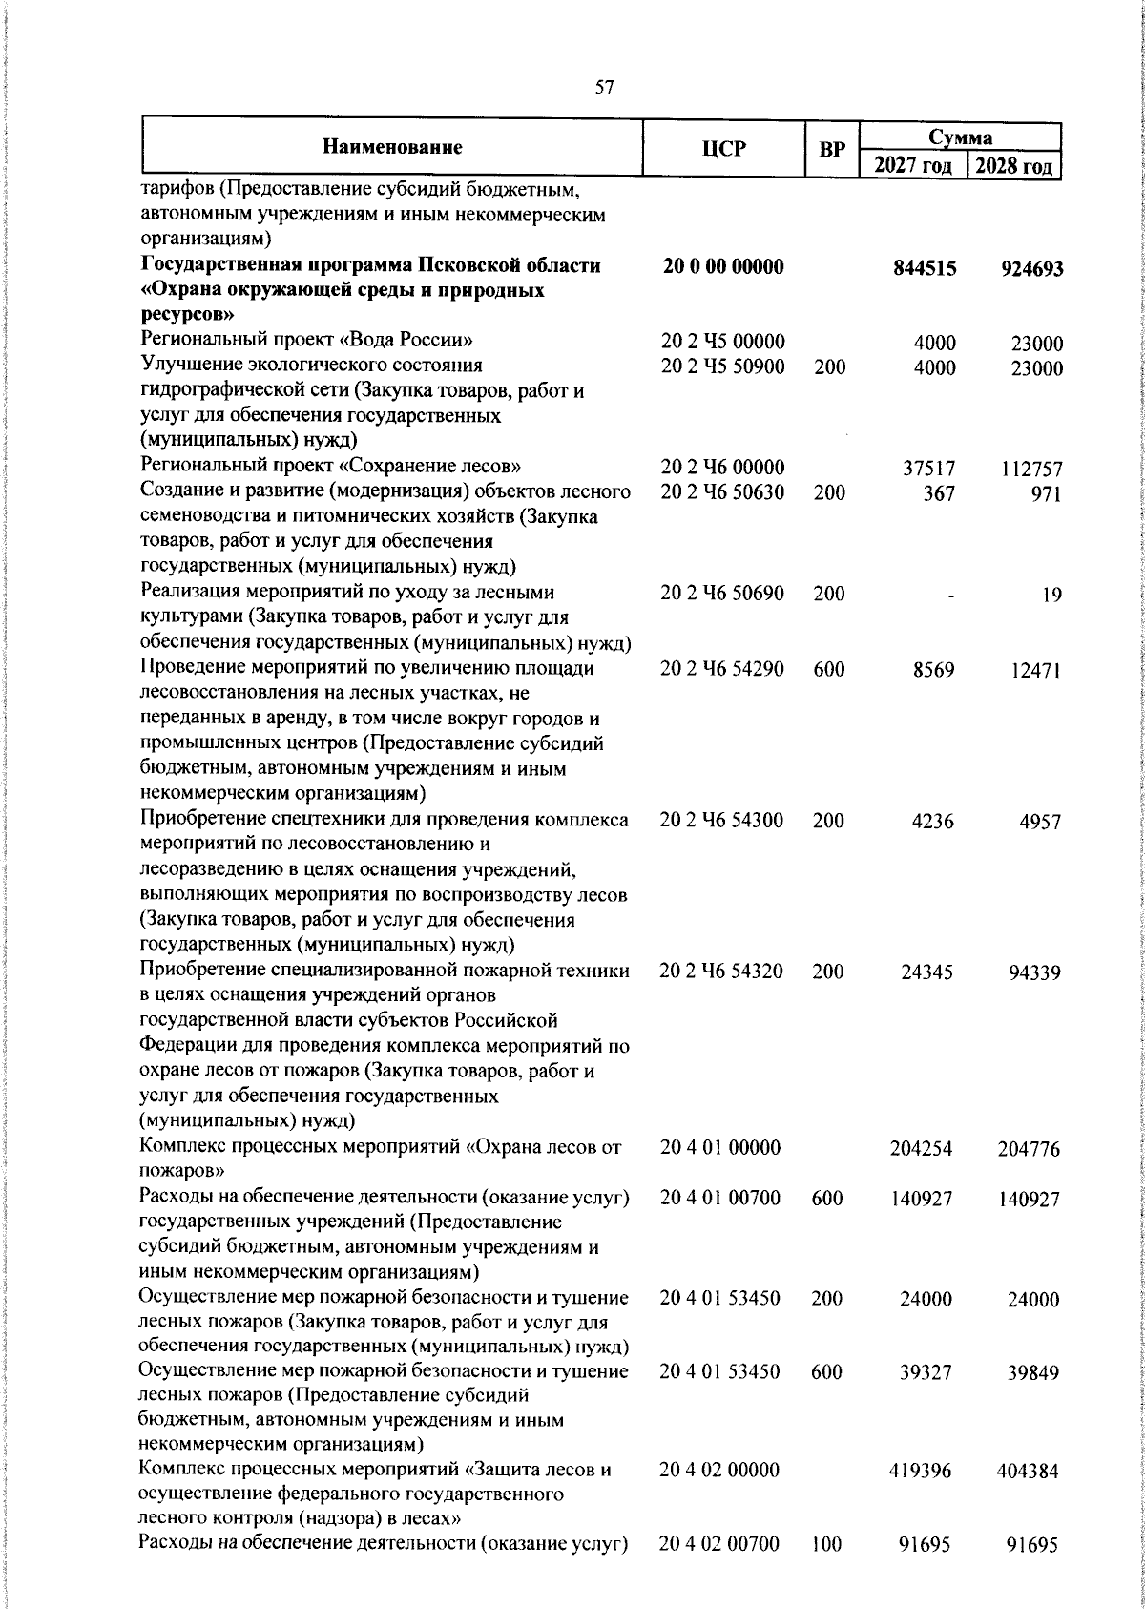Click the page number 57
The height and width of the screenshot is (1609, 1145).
click(x=604, y=88)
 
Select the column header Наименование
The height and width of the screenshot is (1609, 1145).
click(x=392, y=147)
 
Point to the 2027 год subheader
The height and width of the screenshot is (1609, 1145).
click(x=913, y=166)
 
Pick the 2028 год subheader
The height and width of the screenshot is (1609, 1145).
click(x=1014, y=166)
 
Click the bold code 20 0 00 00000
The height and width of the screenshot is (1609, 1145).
click(x=722, y=267)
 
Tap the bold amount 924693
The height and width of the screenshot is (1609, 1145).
click(x=1031, y=270)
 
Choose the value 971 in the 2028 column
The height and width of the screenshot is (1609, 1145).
click(x=1045, y=494)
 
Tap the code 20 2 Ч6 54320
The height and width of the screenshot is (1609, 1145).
click(x=721, y=972)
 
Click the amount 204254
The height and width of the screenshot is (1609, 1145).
click(x=920, y=1149)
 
